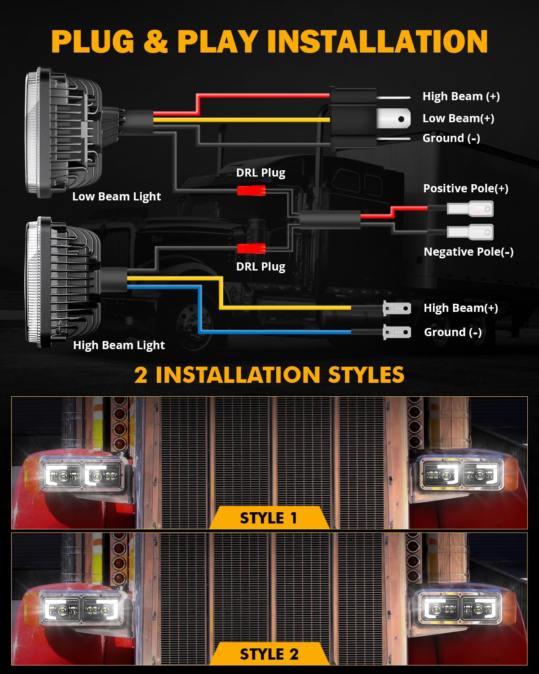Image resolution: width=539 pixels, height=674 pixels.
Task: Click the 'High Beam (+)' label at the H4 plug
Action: tap(461, 96)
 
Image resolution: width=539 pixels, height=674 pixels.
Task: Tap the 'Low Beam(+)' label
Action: tap(458, 118)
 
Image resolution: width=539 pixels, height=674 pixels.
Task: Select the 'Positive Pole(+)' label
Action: tap(465, 188)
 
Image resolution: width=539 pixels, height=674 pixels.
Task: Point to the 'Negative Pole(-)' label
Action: tap(468, 252)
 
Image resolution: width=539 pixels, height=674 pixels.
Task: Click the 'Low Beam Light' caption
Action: tap(116, 196)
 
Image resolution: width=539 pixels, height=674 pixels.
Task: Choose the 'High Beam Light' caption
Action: tap(119, 345)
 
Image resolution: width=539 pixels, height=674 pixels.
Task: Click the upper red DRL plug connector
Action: tap(251, 191)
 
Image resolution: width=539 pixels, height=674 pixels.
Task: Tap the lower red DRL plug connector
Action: tap(251, 248)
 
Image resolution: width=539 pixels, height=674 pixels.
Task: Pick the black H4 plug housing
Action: tap(353, 119)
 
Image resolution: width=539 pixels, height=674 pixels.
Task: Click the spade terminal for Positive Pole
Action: tap(470, 209)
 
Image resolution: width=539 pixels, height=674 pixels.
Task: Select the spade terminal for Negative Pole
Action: tap(470, 232)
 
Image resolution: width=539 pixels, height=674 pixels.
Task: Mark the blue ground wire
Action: tap(274, 332)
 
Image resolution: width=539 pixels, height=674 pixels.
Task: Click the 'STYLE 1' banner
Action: tap(269, 518)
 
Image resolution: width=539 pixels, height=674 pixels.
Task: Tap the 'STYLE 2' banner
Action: tap(269, 654)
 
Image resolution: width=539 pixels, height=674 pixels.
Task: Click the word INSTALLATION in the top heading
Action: tap(377, 41)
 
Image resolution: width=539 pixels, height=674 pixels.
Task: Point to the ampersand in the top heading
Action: tap(155, 41)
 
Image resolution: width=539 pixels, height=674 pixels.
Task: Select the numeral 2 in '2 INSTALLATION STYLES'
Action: tap(141, 375)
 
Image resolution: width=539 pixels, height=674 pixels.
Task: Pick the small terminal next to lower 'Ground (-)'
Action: tap(397, 333)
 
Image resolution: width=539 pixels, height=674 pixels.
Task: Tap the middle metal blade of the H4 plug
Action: tap(393, 119)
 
